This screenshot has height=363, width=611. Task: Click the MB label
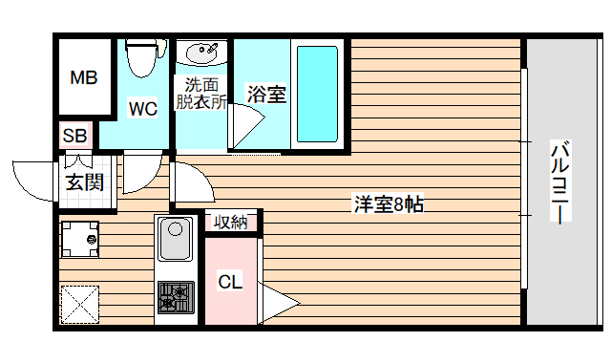point(84,78)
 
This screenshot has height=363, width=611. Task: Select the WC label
point(143,108)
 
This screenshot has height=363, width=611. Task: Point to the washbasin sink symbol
point(202,52)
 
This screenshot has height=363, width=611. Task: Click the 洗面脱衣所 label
point(200,94)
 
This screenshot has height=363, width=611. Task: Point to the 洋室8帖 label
point(389,203)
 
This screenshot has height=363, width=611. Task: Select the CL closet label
point(230,282)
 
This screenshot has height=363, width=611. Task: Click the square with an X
point(80,305)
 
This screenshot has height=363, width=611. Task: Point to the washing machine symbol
point(80,239)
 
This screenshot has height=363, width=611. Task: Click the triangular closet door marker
point(277,304)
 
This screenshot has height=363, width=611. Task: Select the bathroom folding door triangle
point(244,126)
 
